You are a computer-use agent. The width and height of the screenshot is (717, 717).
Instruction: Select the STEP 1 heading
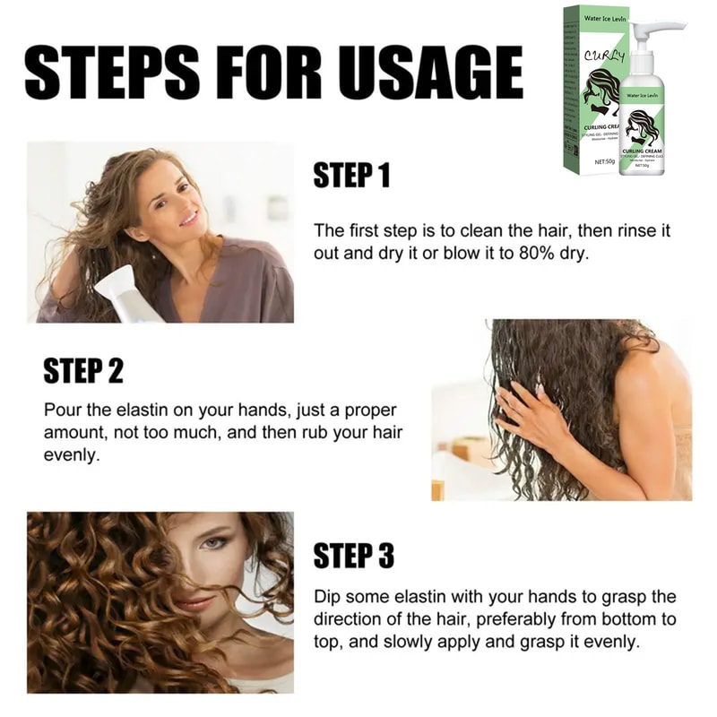coord(352,175)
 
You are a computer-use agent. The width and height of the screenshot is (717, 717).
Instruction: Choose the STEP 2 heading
coord(83,369)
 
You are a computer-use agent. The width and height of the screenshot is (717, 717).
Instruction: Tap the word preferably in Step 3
coord(497,619)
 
